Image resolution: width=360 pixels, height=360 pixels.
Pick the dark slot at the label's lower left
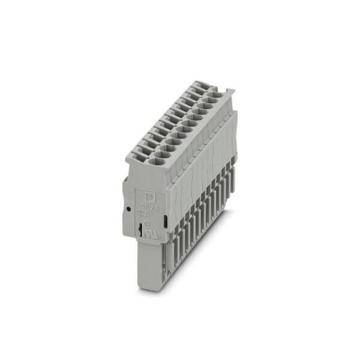(x=140, y=230)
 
